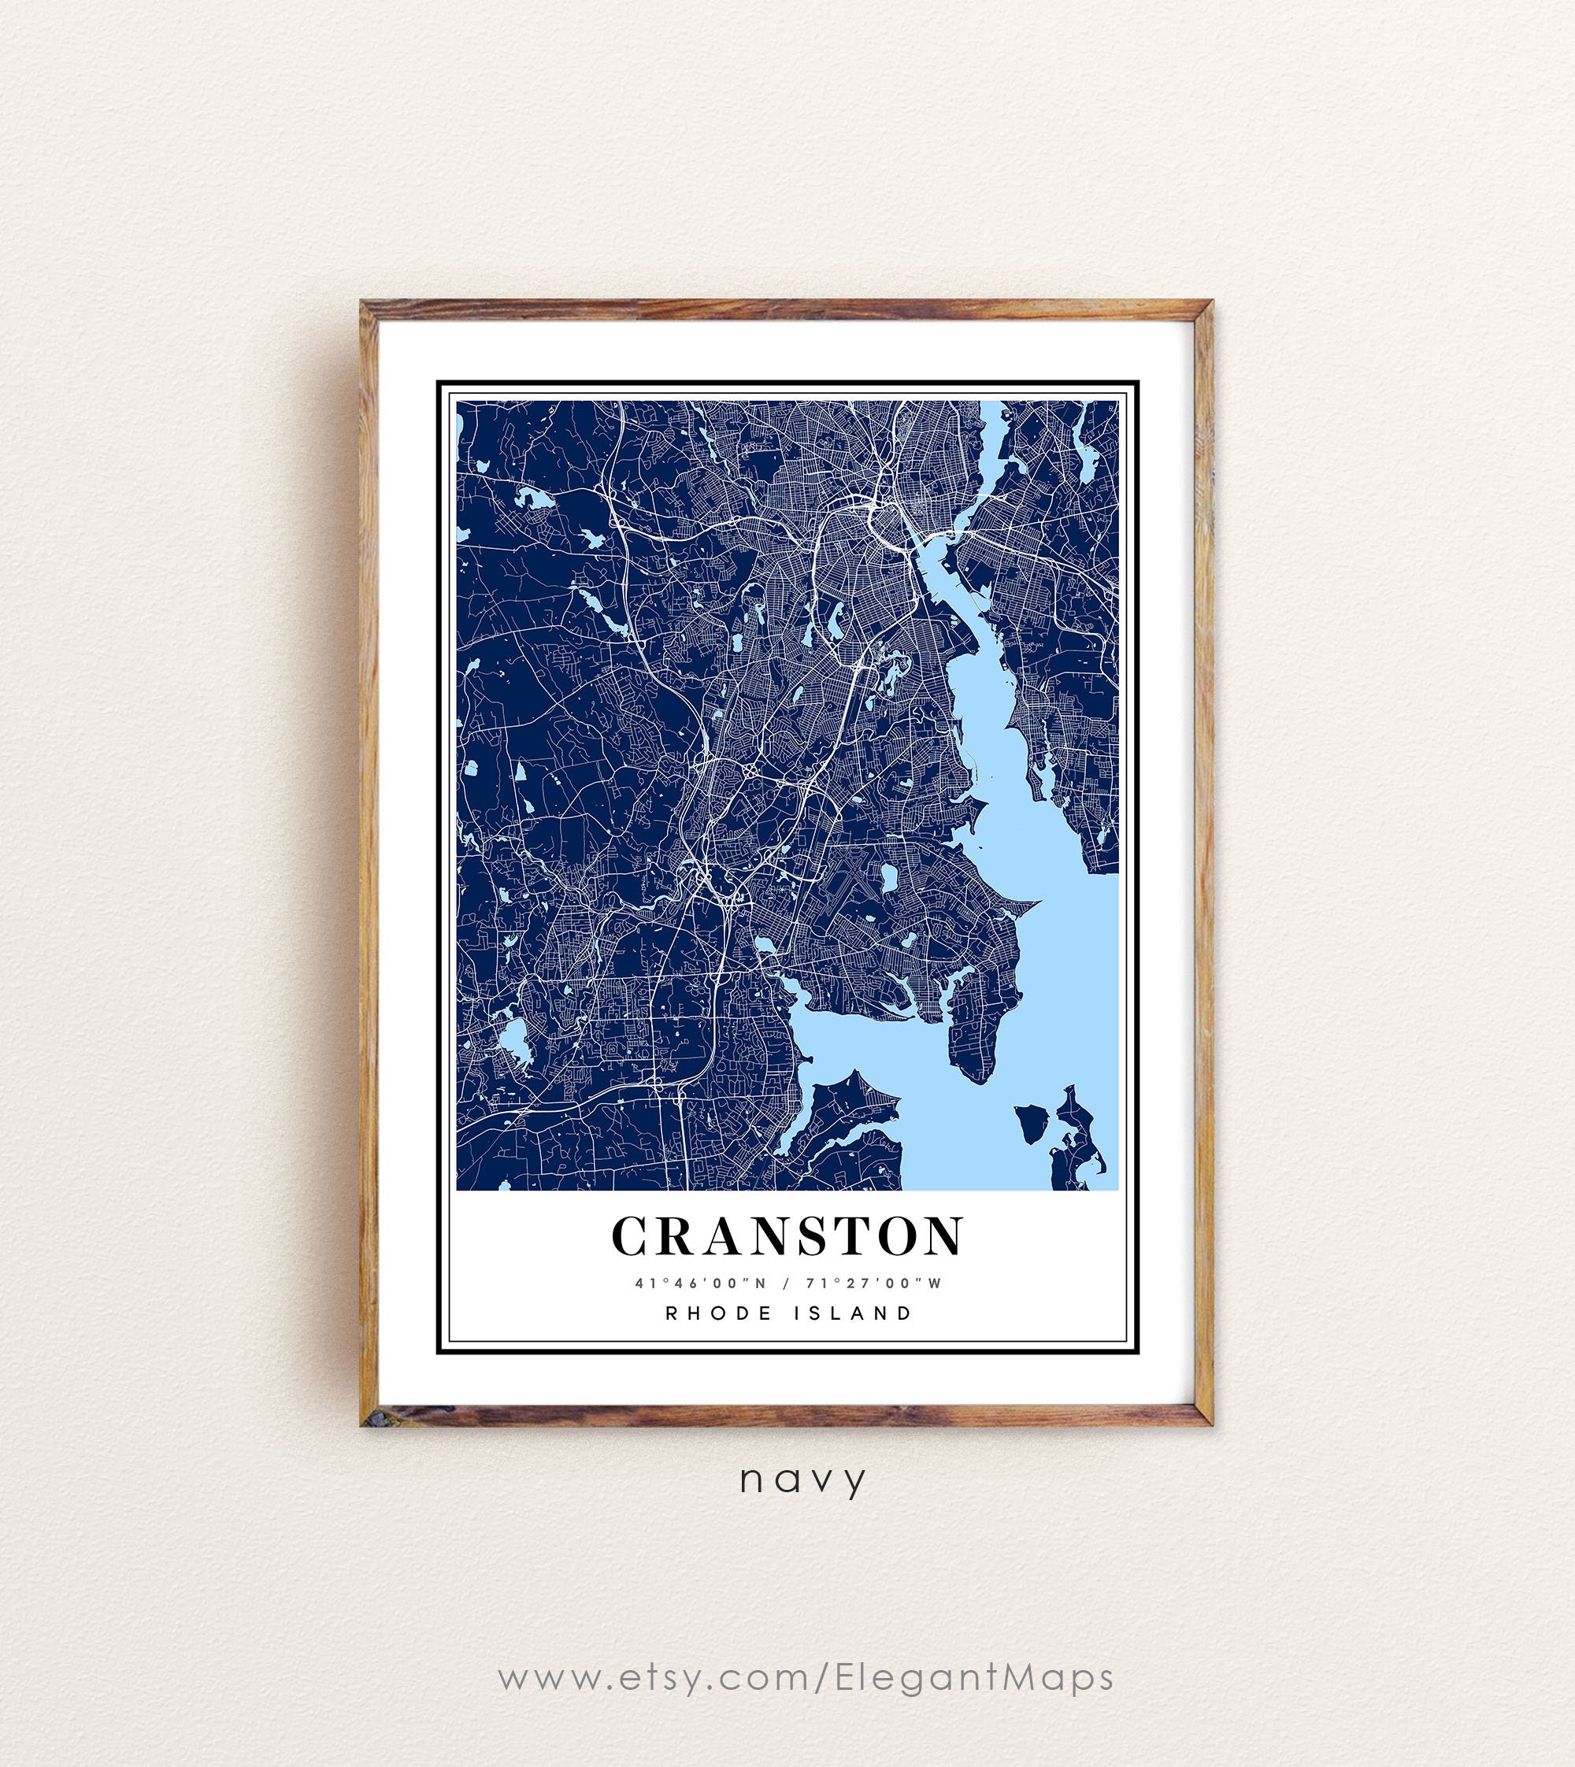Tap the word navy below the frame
[802, 1480]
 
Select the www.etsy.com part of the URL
[653, 1628]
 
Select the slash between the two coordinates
[785, 1284]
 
